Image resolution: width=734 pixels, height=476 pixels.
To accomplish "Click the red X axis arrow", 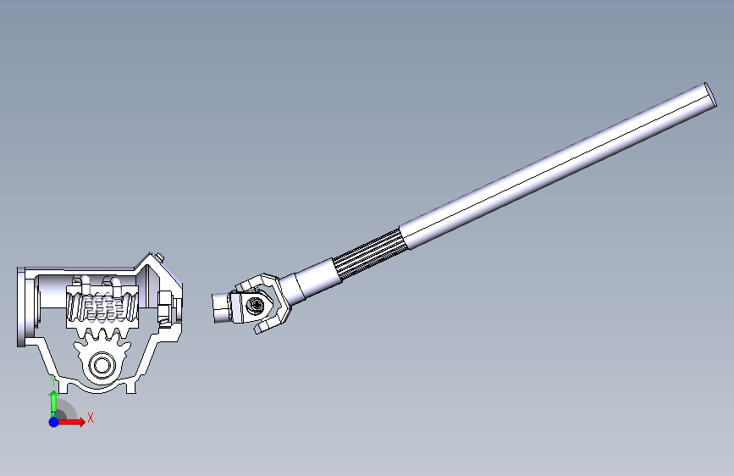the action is pyautogui.click(x=70, y=422).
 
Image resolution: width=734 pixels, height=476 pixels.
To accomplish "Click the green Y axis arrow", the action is pyautogui.click(x=54, y=404).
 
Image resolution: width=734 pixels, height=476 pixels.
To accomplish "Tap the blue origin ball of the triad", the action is pyautogui.click(x=54, y=422).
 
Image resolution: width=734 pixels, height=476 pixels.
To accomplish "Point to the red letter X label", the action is pyautogui.click(x=91, y=418).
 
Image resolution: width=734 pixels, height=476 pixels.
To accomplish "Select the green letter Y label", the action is pyautogui.click(x=53, y=381).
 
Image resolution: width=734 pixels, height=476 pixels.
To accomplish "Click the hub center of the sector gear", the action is pyautogui.click(x=102, y=364).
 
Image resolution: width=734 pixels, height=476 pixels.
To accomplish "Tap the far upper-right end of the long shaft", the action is pyautogui.click(x=710, y=95).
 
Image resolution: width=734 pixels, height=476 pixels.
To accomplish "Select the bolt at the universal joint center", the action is pyautogui.click(x=256, y=306).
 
